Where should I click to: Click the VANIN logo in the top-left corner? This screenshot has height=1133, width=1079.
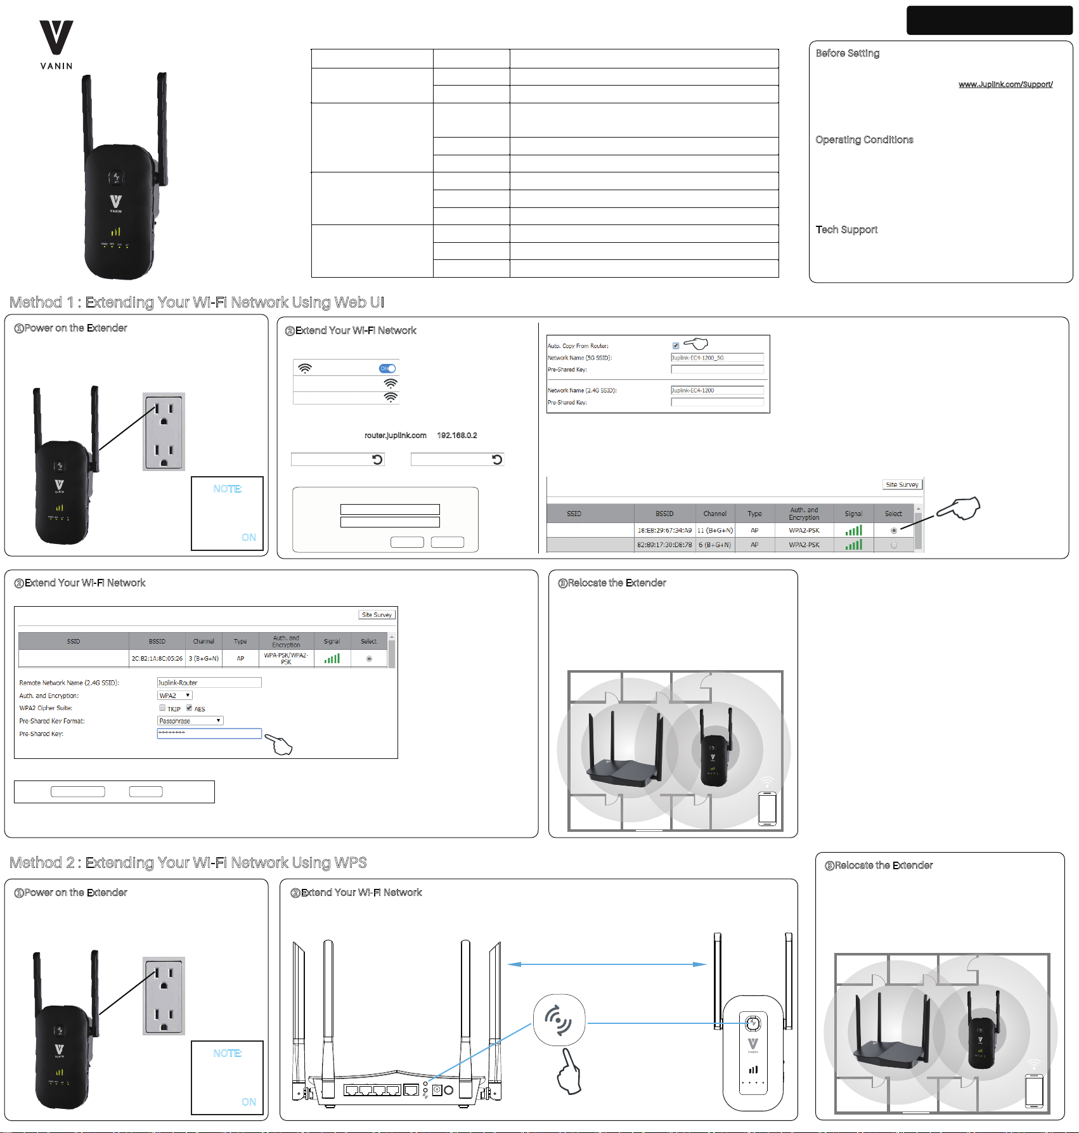click(56, 44)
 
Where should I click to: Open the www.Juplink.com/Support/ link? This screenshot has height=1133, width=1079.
click(1005, 84)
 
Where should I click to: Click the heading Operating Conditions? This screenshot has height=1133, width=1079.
click(864, 139)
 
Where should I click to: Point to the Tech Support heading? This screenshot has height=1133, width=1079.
click(846, 230)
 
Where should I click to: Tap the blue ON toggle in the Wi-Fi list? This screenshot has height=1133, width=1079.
click(387, 368)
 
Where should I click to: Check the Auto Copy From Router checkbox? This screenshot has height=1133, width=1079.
click(676, 346)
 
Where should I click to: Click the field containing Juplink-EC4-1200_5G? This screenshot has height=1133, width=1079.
click(717, 358)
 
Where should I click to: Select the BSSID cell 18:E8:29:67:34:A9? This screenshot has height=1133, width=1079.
click(664, 530)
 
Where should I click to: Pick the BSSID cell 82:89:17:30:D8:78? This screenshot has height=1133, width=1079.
click(664, 545)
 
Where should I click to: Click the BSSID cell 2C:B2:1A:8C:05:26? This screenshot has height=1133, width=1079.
click(157, 659)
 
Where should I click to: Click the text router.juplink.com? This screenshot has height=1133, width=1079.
click(395, 436)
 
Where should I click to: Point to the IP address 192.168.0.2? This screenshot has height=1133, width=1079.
click(456, 436)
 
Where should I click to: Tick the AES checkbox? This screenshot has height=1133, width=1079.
click(189, 708)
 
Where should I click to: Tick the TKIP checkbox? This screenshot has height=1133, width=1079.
click(162, 708)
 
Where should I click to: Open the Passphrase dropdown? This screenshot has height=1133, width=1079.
click(190, 721)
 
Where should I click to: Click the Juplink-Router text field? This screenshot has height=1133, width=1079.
click(209, 683)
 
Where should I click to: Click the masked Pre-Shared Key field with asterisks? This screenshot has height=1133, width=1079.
click(209, 734)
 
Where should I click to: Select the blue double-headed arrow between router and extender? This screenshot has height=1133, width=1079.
click(607, 964)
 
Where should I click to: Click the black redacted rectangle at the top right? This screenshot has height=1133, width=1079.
click(989, 20)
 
